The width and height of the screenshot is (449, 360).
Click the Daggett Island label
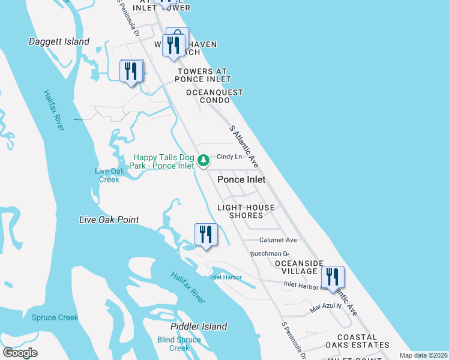59,42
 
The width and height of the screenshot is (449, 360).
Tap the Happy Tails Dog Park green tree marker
203,160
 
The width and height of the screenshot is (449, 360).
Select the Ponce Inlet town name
241,179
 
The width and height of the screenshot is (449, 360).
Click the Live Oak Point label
109,220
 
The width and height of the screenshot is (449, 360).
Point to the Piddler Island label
199,326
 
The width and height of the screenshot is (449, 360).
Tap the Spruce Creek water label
55,317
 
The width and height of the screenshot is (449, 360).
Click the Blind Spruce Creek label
179,344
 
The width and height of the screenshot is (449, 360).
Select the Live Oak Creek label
109,175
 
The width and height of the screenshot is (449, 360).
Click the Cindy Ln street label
229,157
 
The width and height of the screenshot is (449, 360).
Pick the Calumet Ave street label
278,240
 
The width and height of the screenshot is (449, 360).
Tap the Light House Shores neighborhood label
246,211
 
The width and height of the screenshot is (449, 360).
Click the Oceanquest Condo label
214,96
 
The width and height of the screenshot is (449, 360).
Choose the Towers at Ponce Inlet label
203,75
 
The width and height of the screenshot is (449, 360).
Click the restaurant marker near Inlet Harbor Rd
332,278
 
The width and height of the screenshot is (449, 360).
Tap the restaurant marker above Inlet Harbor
206,235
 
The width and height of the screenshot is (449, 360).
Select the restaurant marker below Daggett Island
131,71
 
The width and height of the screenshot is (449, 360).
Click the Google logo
20,353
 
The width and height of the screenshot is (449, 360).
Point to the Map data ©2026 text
423,355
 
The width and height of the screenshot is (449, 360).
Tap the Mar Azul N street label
325,307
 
